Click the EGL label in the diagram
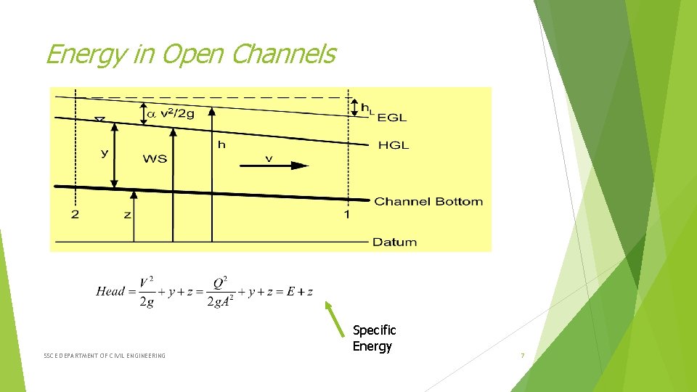[x=392, y=117]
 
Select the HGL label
[x=394, y=145]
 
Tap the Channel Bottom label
[x=428, y=201]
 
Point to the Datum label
[x=394, y=242]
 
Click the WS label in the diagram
[x=155, y=158]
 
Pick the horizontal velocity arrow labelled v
[x=274, y=165]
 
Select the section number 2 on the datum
[x=75, y=214]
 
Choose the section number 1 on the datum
[x=346, y=214]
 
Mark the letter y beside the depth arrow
[x=105, y=153]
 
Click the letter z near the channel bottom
[x=127, y=215]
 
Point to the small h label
[x=221, y=145]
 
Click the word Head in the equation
[x=110, y=291]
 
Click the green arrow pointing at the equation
[x=335, y=320]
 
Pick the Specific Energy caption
[x=374, y=338]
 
